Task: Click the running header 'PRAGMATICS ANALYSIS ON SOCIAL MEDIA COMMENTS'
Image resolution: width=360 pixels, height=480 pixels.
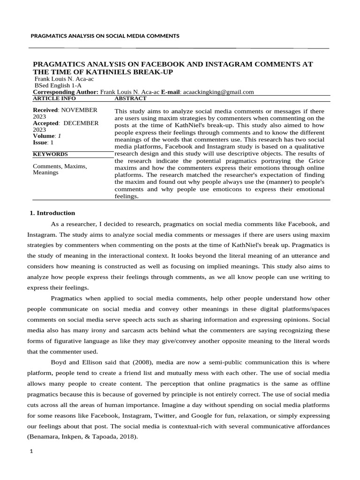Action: point(105,36)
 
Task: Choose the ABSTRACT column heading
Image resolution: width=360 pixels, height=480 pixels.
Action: point(130,98)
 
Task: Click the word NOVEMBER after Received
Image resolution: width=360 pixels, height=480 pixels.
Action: point(79,110)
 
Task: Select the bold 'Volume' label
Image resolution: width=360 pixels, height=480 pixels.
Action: point(43,136)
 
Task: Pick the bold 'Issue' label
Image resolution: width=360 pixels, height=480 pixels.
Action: point(40,142)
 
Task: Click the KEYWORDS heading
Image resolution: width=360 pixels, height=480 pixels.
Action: point(50,154)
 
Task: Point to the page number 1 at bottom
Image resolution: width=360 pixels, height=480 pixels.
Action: point(31,452)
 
